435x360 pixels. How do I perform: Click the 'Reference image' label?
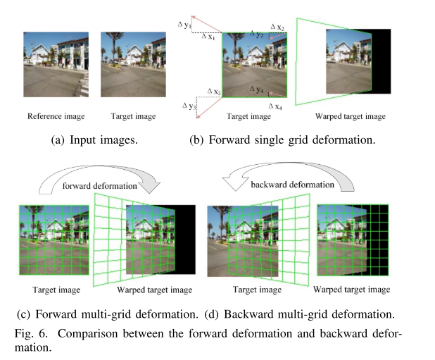[x=51, y=116]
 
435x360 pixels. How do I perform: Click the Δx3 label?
[x=214, y=92]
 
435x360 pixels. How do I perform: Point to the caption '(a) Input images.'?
[x=96, y=139]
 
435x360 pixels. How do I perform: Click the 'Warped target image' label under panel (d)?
[x=351, y=290]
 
